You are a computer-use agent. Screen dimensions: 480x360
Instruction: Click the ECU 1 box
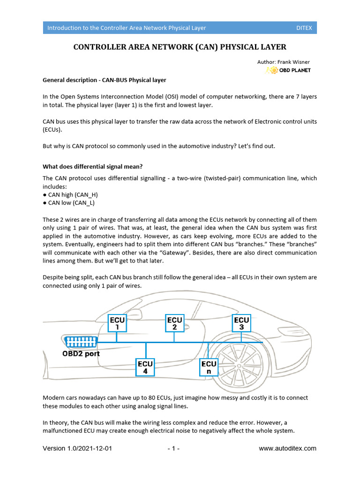pos(117,323)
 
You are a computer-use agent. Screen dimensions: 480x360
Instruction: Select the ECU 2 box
pos(174,323)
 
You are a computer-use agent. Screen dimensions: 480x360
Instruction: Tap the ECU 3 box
pos(241,323)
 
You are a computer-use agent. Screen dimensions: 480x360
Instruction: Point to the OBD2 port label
pos(81,354)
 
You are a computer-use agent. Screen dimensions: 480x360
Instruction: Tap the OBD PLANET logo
pos(288,70)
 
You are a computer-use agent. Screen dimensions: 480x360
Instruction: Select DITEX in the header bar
pos(304,28)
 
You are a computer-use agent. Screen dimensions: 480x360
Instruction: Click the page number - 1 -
pos(173,449)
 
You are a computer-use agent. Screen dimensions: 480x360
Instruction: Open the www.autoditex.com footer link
pos(287,449)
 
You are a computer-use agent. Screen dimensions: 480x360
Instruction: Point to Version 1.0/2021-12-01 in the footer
pos(77,449)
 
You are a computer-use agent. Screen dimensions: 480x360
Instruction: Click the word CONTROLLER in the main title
pos(99,47)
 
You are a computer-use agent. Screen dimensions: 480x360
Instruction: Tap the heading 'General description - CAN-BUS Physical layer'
pos(104,80)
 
